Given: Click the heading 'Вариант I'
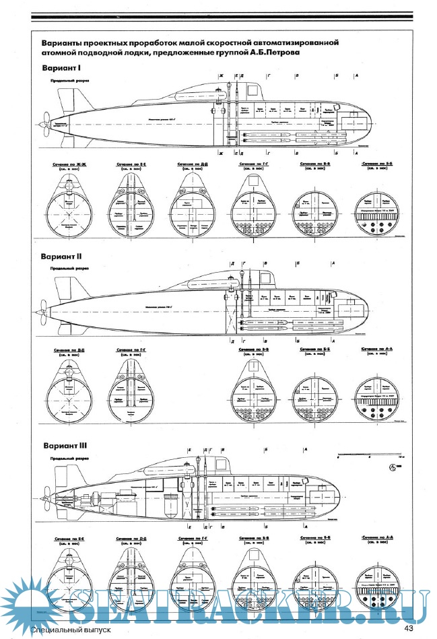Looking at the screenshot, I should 62,69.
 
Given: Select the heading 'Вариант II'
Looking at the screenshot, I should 63,257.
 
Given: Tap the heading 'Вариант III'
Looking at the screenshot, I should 65,445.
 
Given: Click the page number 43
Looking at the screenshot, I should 408,629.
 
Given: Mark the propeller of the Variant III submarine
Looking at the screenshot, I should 44,501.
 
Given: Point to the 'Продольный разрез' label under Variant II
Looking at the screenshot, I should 69,267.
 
